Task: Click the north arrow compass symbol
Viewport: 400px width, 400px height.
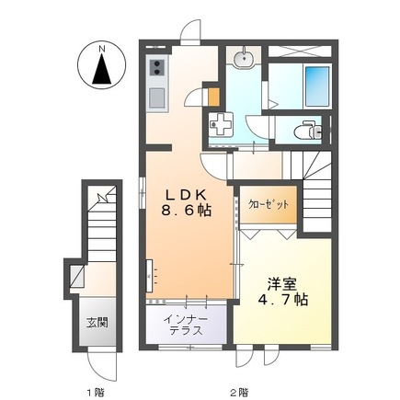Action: pos(101,68)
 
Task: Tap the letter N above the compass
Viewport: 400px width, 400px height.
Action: pos(101,49)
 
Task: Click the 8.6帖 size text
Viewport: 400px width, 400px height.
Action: pos(187,211)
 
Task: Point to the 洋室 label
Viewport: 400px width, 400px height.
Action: pos(281,284)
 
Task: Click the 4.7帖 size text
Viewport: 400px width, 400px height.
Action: pos(282,300)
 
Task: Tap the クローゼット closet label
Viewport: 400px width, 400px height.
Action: pos(269,204)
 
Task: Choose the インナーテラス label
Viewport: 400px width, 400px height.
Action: pos(186,325)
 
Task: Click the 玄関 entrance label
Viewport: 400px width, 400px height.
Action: pos(97,323)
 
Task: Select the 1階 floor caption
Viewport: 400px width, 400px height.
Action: pos(96,383)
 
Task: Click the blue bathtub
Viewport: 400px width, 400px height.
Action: pos(317,86)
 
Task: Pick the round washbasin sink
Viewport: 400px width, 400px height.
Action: pos(244,58)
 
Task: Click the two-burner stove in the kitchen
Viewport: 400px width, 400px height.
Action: pos(157,68)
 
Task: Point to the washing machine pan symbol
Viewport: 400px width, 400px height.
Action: pos(221,124)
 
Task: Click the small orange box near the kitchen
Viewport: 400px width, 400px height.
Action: pos(214,97)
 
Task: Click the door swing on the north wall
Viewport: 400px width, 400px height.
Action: pos(190,31)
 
